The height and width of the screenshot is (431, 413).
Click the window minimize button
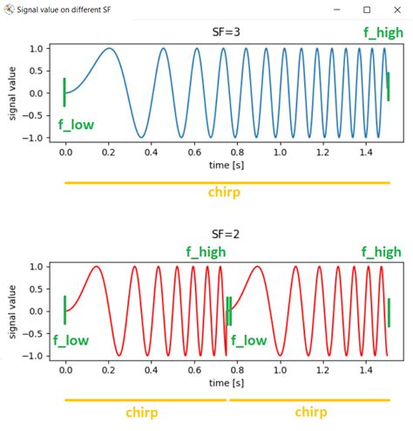click(335, 10)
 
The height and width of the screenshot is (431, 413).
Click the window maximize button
click(367, 10)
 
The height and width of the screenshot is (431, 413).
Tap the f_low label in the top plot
click(76, 125)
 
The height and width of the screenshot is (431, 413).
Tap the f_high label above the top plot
click(383, 32)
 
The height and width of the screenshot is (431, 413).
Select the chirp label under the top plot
click(225, 192)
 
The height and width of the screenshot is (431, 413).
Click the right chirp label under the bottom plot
click(311, 412)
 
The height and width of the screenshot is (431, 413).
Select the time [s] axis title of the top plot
click(225, 165)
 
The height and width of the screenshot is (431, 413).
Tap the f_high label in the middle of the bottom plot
click(206, 252)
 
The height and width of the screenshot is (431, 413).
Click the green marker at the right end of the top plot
click(389, 86)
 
